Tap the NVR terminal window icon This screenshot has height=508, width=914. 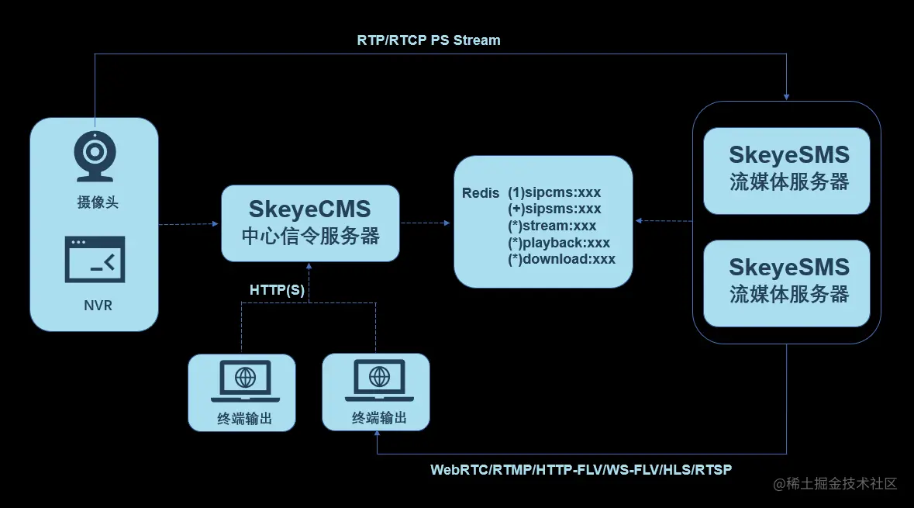tap(95, 259)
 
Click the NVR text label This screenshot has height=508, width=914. tap(98, 306)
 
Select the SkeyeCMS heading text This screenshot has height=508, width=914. tap(309, 209)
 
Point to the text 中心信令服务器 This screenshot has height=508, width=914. tap(310, 236)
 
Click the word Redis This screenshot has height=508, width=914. tap(481, 193)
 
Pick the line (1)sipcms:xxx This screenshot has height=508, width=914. tap(554, 192)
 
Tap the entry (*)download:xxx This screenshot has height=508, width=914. tap(561, 259)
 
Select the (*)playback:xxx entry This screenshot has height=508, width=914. tap(559, 243)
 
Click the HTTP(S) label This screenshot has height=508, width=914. tap(277, 289)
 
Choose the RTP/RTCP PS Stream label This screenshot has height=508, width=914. tap(429, 40)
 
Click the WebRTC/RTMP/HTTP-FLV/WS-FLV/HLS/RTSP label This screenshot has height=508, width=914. tap(581, 470)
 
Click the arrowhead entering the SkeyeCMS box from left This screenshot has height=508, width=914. tap(216, 224)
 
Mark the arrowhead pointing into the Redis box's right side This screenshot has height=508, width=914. tap(638, 221)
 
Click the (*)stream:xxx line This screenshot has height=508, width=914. tap(552, 226)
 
